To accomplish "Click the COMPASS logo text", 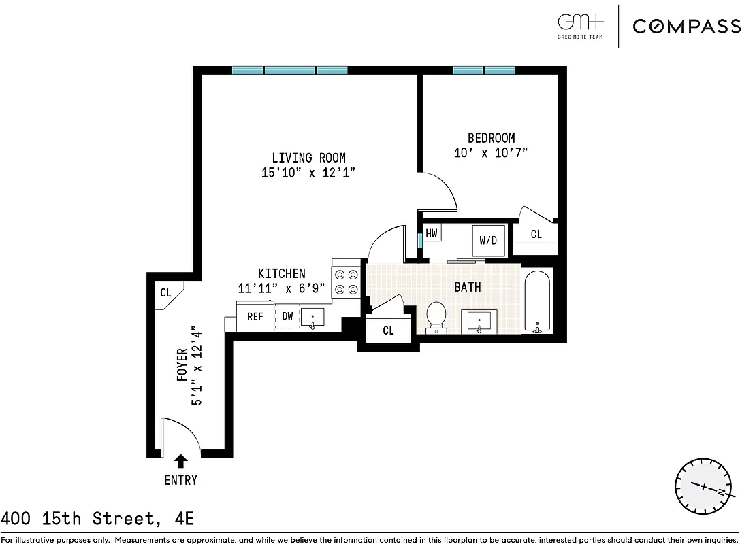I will coord(686,27).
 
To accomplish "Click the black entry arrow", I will coord(181,461).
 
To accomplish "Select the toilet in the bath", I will coord(436,318).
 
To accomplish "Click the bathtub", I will coord(537,301).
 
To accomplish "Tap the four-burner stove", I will coord(345,282).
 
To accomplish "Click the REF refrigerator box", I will coord(255,317).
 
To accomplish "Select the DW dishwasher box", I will coord(287,317).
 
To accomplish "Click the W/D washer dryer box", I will coord(488,241).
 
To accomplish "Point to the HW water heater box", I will coord(432,233).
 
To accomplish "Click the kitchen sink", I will coord(312,317).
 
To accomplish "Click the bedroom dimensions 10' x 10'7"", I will coord(491,153).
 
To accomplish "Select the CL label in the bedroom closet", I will coord(536,234).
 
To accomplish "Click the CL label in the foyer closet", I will coord(165,293).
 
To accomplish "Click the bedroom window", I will coord(484,70).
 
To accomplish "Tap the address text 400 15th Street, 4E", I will coord(97,520).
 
